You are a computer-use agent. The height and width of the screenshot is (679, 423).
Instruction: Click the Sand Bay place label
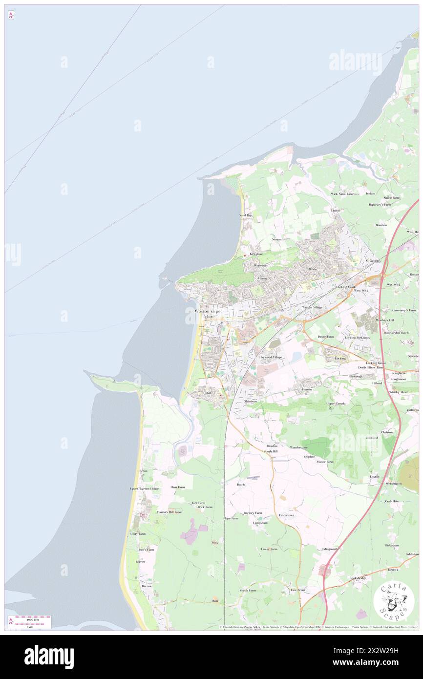click(x=245, y=215)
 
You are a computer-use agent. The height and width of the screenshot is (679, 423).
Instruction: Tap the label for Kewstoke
click(x=256, y=254)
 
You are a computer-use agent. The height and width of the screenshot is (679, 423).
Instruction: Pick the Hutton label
click(x=307, y=389)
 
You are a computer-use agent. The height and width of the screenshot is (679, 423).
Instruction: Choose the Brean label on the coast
click(x=143, y=471)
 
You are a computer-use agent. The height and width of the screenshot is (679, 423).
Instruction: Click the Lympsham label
click(x=260, y=523)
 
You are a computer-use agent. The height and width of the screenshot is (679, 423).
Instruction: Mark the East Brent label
click(x=297, y=590)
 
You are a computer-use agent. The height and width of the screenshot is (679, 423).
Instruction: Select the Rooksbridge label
click(x=358, y=578)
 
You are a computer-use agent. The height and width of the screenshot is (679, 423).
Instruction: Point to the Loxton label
click(x=375, y=476)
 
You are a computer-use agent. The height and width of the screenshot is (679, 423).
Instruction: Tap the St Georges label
click(x=373, y=261)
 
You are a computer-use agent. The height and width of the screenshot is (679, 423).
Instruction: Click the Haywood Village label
click(x=271, y=357)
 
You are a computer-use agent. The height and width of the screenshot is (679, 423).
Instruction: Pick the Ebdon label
click(x=335, y=211)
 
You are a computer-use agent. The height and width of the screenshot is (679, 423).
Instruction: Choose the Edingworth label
click(x=330, y=549)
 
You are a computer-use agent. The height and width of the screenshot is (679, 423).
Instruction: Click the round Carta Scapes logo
click(x=394, y=601)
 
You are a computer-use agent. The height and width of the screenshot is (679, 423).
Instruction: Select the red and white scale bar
click(x=31, y=619)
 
